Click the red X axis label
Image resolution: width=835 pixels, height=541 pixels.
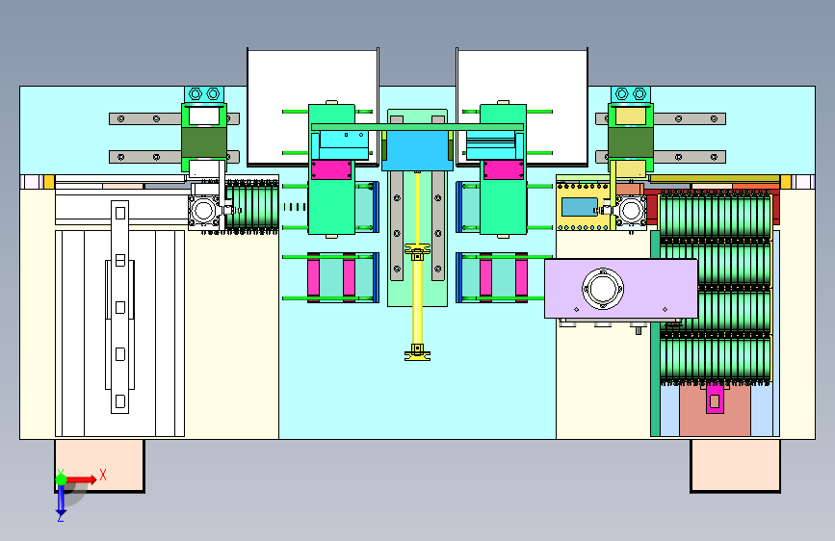click(x=103, y=475)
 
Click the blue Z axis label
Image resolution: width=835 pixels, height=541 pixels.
click(x=61, y=517)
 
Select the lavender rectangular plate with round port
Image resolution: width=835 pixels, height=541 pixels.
click(x=621, y=289)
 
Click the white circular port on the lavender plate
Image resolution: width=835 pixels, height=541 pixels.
click(x=602, y=289)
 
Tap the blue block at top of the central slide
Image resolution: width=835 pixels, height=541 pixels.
click(x=417, y=150)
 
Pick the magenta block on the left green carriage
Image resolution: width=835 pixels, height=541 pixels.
click(x=330, y=169)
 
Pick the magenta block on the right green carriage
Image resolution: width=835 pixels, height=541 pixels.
click(x=504, y=169)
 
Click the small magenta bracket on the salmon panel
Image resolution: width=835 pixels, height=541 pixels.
click(x=715, y=400)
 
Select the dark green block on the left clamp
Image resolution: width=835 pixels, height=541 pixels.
click(x=204, y=142)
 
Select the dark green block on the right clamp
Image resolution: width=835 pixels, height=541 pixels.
click(x=631, y=142)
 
